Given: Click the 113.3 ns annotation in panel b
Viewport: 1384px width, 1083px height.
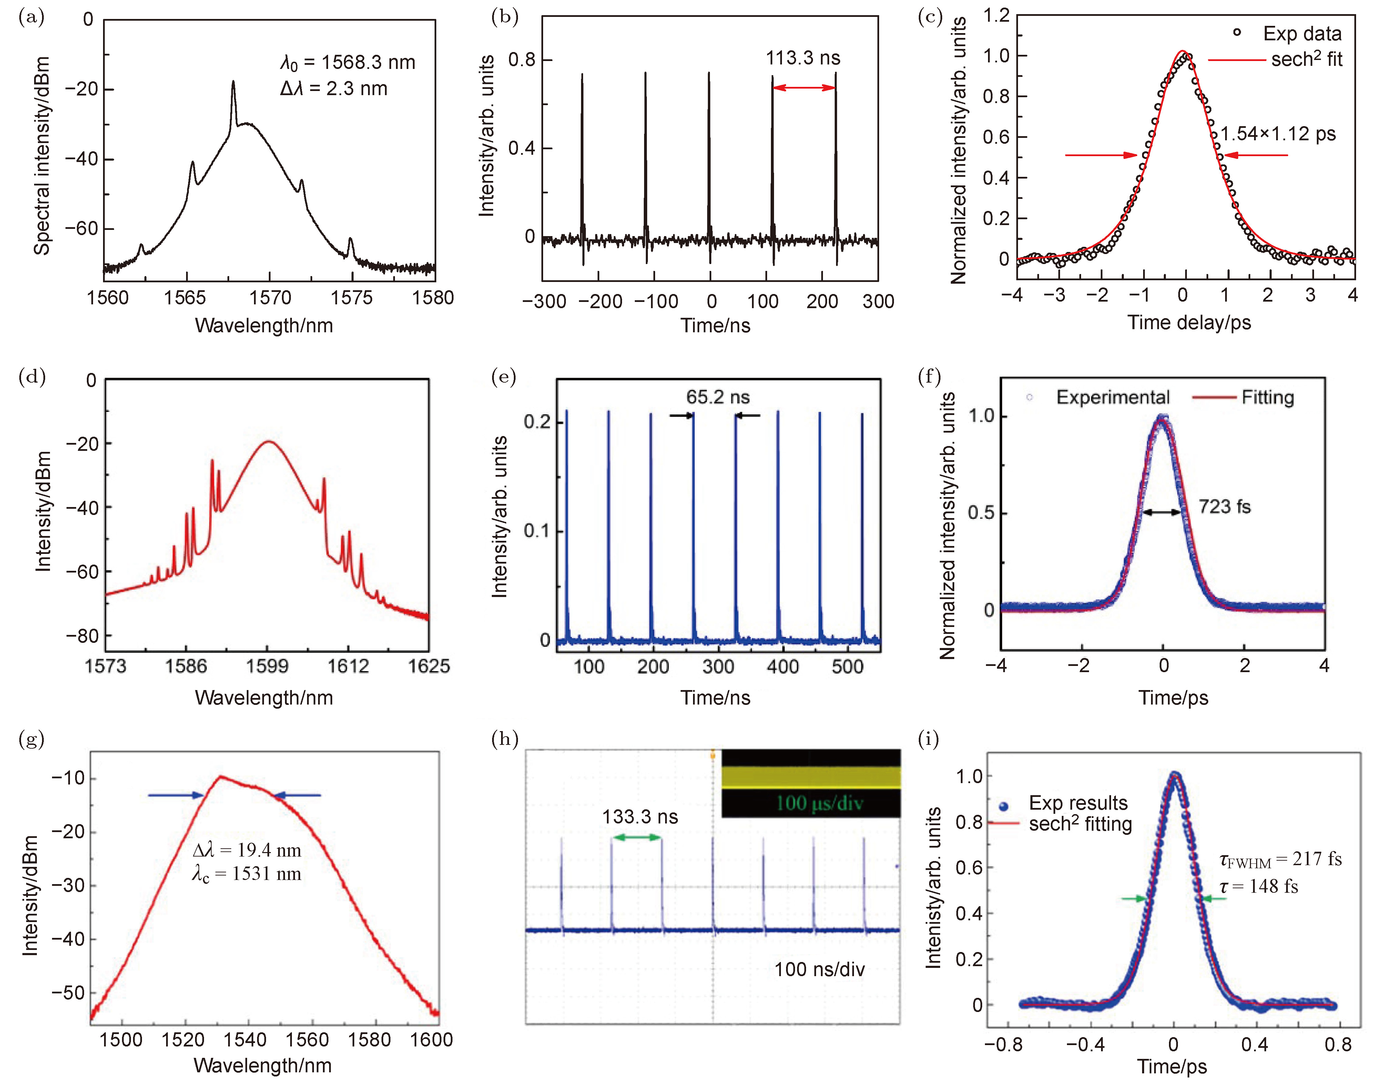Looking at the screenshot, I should coord(803,58).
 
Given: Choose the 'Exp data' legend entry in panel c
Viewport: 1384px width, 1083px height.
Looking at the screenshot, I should coord(1302,33).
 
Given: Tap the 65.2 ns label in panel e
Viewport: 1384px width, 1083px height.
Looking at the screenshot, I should coord(718,397).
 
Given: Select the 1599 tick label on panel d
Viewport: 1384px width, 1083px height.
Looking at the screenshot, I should coord(267,666).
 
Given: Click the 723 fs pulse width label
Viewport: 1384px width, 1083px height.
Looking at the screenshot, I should coord(1224,507).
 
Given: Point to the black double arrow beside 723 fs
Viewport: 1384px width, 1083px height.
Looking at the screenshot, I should coord(1162,512).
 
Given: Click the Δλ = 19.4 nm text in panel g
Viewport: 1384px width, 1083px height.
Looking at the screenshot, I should coord(247,850).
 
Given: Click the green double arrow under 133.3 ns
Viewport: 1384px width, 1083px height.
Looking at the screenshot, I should coord(637,838).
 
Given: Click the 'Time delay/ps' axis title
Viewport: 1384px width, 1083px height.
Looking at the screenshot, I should coord(1189,323).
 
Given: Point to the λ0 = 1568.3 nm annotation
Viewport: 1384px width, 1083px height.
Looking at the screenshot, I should coord(347,63).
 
